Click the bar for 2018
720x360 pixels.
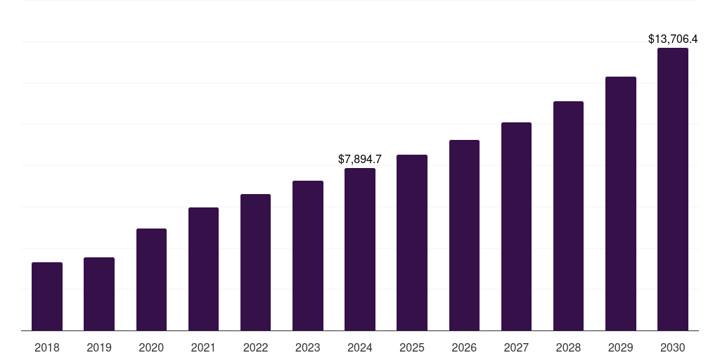coord(47,296)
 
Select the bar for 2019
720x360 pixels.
coord(99,294)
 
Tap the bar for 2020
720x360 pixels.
coord(151,279)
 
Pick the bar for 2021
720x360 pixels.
coord(203,269)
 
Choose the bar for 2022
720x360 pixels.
coord(255,262)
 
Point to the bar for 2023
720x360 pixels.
coord(308,255)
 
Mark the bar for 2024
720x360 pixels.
coord(360,249)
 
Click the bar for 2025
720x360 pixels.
coord(412,243)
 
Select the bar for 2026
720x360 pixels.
coord(464,235)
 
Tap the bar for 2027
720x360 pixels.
coord(516,226)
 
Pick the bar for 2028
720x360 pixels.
coord(568,216)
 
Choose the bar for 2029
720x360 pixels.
coord(620,203)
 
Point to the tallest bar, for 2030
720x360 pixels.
coord(673,189)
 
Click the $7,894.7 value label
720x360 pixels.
coord(360,160)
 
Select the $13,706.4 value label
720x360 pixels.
coord(673,39)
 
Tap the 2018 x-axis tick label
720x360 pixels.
coord(47,347)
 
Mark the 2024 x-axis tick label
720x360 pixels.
coord(360,347)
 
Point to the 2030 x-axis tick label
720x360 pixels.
coord(673,347)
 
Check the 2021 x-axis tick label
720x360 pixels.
coord(203,347)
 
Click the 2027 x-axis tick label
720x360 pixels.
coord(516,347)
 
